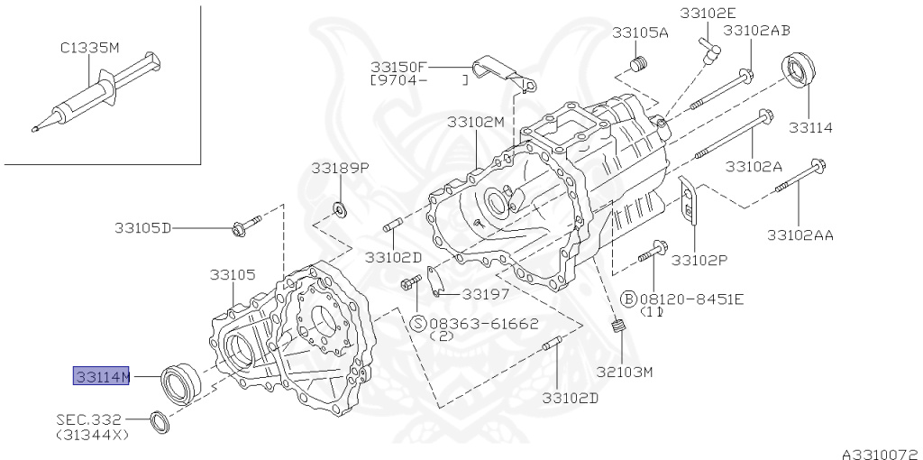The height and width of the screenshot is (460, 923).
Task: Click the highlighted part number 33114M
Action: (101, 376)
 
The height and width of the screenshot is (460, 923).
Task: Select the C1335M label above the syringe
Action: (89, 48)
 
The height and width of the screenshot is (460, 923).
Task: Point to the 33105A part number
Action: (640, 32)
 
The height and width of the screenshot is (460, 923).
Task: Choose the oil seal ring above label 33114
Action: (799, 72)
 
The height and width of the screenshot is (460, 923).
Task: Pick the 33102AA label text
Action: (800, 235)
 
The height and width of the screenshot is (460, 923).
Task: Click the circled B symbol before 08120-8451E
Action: (628, 299)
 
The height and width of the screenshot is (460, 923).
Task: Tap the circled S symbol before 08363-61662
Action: (418, 323)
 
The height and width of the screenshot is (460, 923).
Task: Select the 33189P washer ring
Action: (340, 208)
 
